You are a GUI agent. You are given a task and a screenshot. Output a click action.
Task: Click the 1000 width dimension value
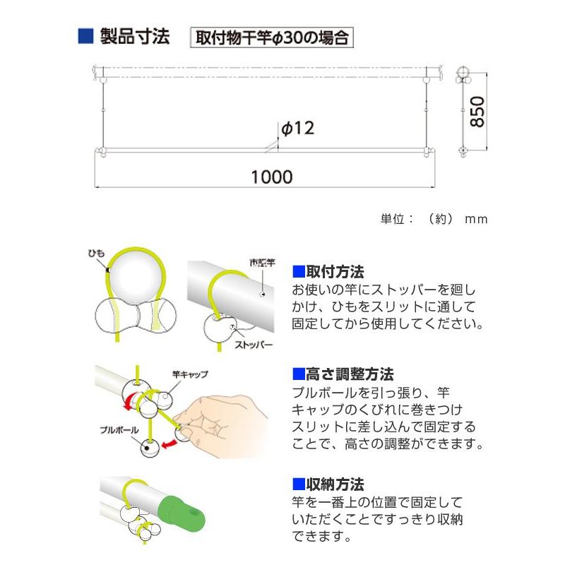(272, 177)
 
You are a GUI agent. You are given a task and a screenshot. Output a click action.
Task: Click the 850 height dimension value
(477, 111)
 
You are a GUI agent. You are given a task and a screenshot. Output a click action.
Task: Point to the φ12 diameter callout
(297, 128)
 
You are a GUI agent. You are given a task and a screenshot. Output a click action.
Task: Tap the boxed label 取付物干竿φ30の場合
(272, 38)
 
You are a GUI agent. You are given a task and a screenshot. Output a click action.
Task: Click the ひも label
(97, 253)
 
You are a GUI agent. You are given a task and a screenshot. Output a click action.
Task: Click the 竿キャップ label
(189, 374)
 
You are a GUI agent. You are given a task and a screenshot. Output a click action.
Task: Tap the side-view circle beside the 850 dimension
(462, 73)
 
